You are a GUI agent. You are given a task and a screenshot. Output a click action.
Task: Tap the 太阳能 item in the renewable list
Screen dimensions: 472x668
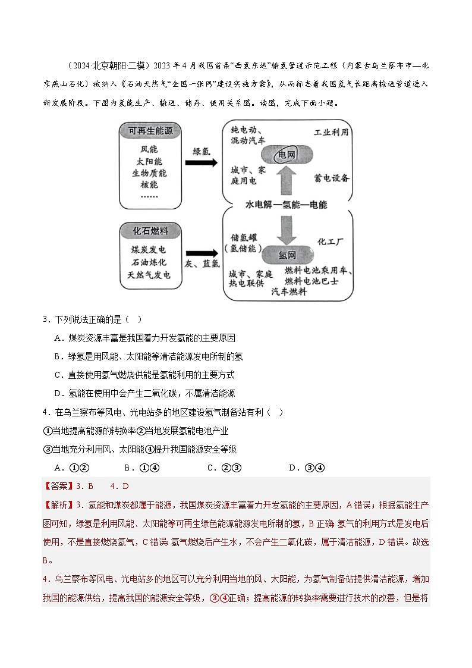[x=149, y=161]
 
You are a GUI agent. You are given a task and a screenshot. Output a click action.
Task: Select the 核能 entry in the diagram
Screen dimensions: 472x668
[x=149, y=184]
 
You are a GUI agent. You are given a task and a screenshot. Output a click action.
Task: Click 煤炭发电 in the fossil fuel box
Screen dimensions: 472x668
[x=150, y=251]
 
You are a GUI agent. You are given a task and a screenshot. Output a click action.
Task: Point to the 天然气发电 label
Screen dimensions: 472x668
[x=150, y=275]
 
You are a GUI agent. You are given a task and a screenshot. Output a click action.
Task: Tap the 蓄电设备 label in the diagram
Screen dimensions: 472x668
[x=331, y=178]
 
